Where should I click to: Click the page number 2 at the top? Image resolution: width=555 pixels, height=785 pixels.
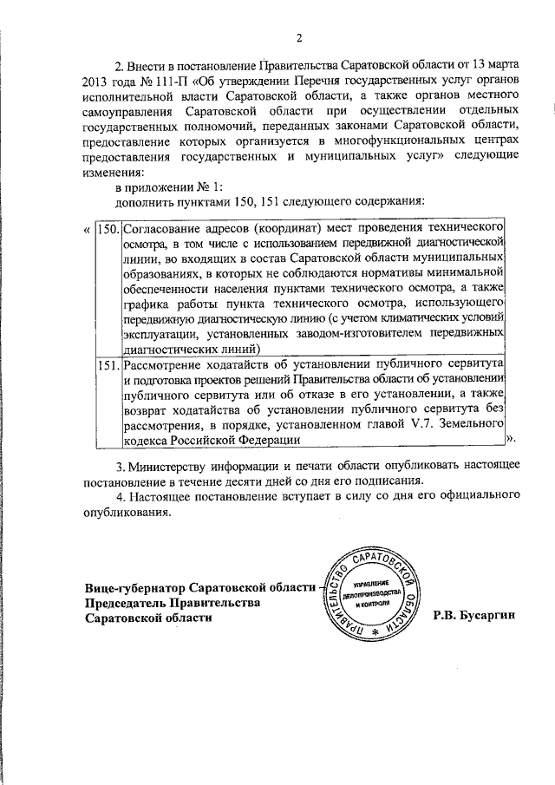298,37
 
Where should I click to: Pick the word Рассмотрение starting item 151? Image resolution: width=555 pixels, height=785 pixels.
164,365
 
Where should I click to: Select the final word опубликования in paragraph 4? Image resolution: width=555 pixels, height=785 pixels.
127,511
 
